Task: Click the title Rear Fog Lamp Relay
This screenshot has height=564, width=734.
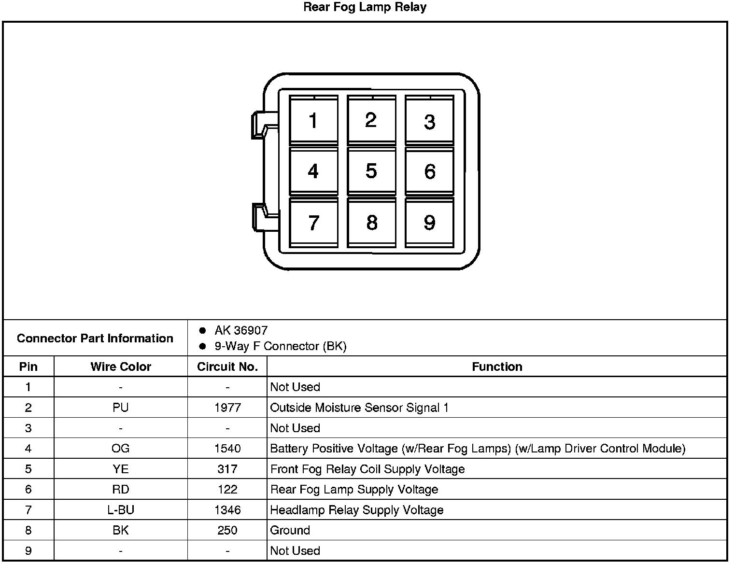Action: click(x=365, y=7)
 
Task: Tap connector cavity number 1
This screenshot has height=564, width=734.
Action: click(x=313, y=120)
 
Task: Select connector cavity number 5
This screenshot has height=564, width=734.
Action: click(x=371, y=171)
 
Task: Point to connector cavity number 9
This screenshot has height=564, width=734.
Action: click(x=429, y=223)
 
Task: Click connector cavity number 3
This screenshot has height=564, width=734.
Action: click(x=429, y=122)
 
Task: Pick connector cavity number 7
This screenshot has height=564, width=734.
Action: click(x=313, y=223)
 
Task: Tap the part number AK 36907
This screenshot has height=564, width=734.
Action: click(x=241, y=330)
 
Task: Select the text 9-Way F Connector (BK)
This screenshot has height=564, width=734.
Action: click(x=281, y=346)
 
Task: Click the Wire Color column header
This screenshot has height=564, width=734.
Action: click(x=121, y=367)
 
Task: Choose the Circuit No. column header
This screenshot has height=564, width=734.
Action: click(x=227, y=367)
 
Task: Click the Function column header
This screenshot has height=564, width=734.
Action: click(x=497, y=367)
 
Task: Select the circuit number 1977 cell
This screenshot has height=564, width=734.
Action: click(x=227, y=408)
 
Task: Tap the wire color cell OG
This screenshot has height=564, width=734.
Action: click(x=121, y=449)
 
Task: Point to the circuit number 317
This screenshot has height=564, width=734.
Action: click(x=227, y=469)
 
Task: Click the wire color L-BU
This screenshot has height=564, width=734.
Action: click(x=121, y=510)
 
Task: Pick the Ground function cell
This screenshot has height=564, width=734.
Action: click(x=290, y=530)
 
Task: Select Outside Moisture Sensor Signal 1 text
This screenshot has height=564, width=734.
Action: click(x=359, y=408)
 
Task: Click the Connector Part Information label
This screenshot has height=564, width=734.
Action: click(x=95, y=338)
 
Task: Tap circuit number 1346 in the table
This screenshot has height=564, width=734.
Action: click(x=227, y=510)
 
